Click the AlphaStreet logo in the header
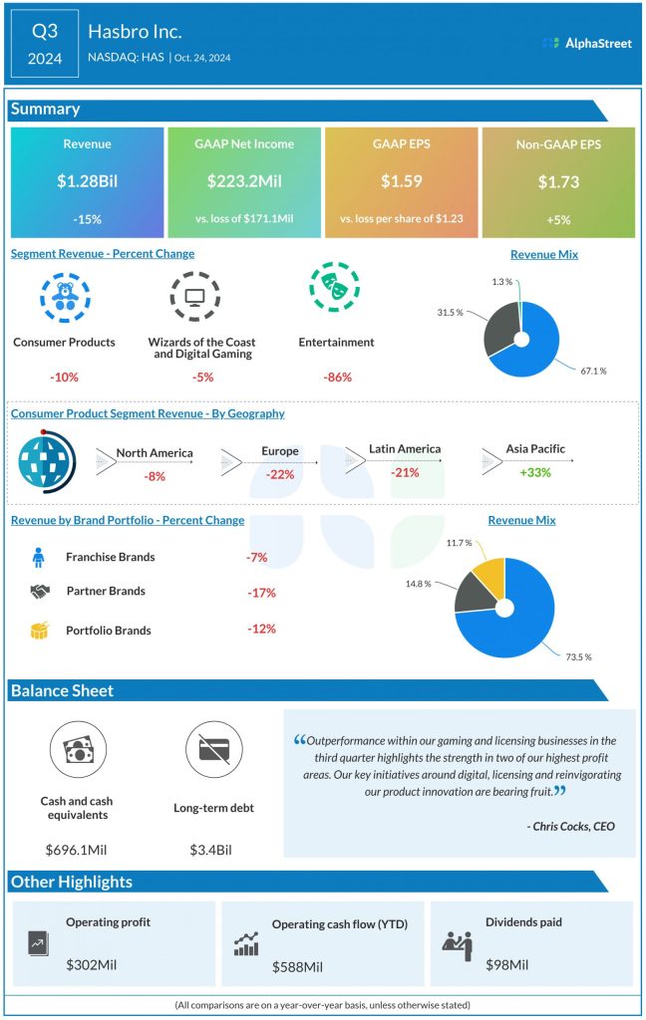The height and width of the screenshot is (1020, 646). point(587,43)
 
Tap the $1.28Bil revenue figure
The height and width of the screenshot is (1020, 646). point(87,181)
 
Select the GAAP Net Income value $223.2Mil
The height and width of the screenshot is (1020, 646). point(244,181)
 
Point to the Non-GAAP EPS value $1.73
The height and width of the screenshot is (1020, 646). point(558,181)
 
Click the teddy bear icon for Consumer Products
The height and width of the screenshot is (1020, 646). point(65,293)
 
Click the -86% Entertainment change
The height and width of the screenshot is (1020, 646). point(337,378)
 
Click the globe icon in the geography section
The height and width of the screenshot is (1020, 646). point(44,458)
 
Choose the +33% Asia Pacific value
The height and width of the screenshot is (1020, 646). point(534,471)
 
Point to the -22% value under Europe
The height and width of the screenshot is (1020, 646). point(280,475)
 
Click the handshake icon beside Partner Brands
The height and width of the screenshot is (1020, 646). point(40,591)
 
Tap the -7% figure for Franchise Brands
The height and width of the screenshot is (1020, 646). point(256,558)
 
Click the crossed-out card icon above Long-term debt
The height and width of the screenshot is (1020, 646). point(213,750)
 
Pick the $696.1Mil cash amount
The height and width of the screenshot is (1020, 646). point(77,850)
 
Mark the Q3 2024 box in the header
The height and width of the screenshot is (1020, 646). point(45,44)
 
